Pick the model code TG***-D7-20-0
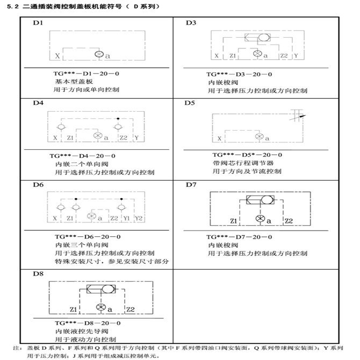[239, 236]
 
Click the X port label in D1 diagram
[57, 55]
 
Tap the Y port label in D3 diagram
[296, 55]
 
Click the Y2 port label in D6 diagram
[139, 218]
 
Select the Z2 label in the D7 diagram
[288, 221]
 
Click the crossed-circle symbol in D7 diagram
[260, 219]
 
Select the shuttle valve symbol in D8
[100, 289]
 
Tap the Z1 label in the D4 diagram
[70, 138]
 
